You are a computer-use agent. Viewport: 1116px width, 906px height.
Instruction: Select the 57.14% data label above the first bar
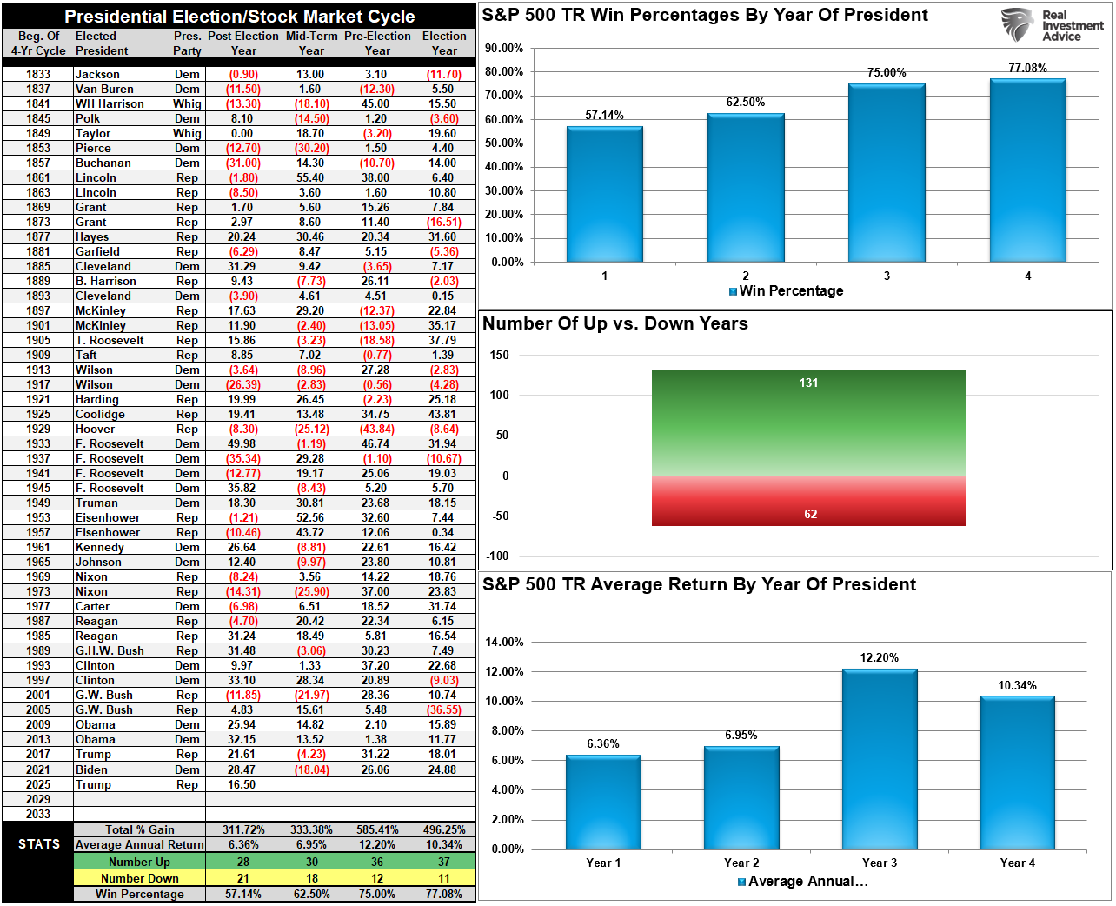click(604, 115)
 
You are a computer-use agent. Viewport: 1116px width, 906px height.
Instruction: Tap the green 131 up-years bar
click(808, 423)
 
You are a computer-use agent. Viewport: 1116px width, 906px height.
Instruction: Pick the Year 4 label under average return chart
click(1017, 863)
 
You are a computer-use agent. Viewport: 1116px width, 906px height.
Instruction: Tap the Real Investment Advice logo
click(1052, 25)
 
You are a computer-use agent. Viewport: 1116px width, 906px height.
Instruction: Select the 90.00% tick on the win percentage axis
click(504, 48)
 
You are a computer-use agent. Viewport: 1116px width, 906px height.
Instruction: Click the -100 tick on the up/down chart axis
click(500, 556)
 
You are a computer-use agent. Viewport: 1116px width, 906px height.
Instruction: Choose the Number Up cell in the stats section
click(139, 862)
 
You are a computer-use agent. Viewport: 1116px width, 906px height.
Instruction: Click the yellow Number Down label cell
click(139, 878)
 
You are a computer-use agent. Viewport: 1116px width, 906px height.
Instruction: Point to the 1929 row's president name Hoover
click(95, 429)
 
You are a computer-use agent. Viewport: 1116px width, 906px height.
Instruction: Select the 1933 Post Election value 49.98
click(242, 443)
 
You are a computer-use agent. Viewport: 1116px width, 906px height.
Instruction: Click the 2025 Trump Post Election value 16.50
click(242, 784)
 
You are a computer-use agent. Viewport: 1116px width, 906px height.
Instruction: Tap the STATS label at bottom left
click(39, 844)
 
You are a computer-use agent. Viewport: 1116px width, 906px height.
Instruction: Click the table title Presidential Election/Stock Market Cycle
click(239, 17)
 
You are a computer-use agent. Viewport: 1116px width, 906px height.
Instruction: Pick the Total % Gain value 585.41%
click(377, 829)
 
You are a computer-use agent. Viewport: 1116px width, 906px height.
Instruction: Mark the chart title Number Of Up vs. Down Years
click(614, 323)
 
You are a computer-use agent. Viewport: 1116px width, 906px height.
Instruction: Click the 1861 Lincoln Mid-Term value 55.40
click(310, 177)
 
